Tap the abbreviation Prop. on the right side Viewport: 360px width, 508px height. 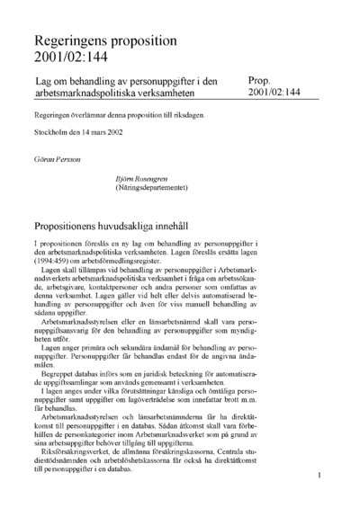click(262, 82)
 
